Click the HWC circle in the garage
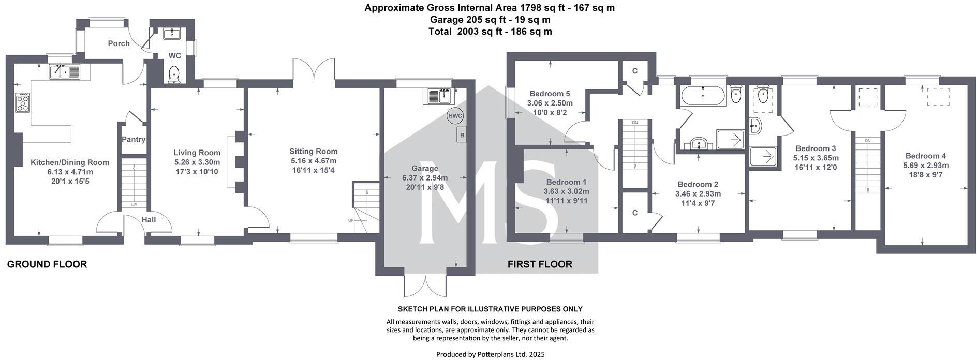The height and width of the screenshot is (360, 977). [x=455, y=116]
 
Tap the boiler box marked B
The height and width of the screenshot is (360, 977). [x=462, y=136]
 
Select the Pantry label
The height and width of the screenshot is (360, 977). [x=134, y=140]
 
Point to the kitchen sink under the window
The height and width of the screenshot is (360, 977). [x=65, y=72]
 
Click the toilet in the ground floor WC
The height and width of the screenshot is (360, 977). [x=174, y=74]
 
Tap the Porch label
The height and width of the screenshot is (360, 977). [x=119, y=43]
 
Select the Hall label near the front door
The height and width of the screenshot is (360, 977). [x=149, y=219]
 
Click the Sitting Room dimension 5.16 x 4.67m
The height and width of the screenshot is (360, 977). [x=314, y=161]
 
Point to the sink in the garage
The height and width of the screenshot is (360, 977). [x=439, y=96]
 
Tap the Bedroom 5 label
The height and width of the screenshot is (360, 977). [x=550, y=94]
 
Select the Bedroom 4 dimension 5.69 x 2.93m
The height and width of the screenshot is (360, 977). [x=926, y=166]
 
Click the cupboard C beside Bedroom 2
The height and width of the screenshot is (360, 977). [x=634, y=213]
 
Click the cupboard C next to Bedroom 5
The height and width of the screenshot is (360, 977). [x=634, y=71]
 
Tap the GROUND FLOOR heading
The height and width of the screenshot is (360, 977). [x=47, y=264]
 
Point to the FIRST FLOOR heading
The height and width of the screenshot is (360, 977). [x=540, y=264]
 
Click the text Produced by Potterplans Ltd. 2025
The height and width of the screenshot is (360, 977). [x=490, y=354]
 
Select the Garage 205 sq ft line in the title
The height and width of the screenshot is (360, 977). [x=490, y=20]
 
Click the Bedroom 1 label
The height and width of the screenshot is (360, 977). [x=566, y=182]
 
